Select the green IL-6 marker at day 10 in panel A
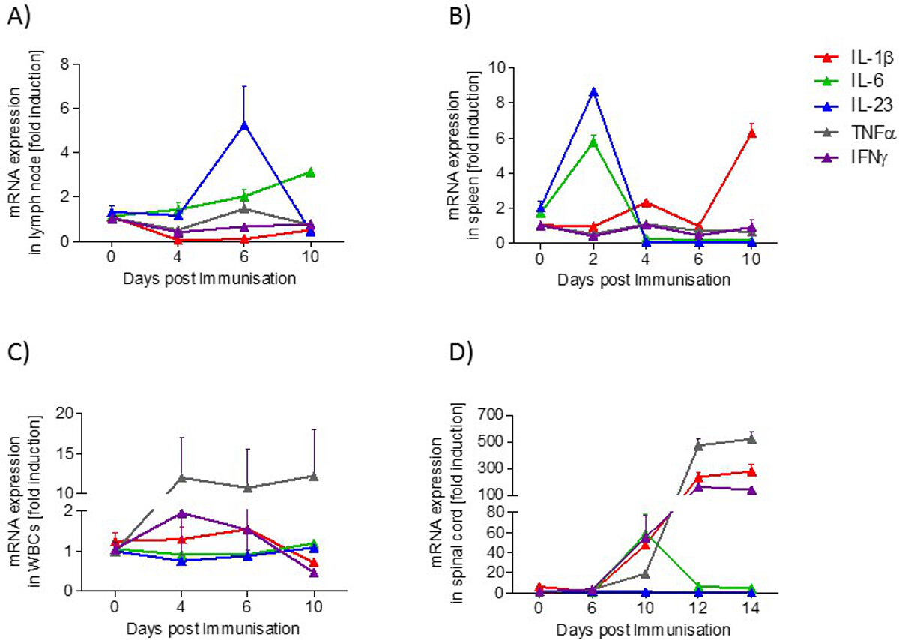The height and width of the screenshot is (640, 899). (310, 172)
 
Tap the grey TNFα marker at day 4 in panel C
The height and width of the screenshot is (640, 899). (181, 477)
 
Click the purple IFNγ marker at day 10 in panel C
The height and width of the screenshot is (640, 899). (315, 573)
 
